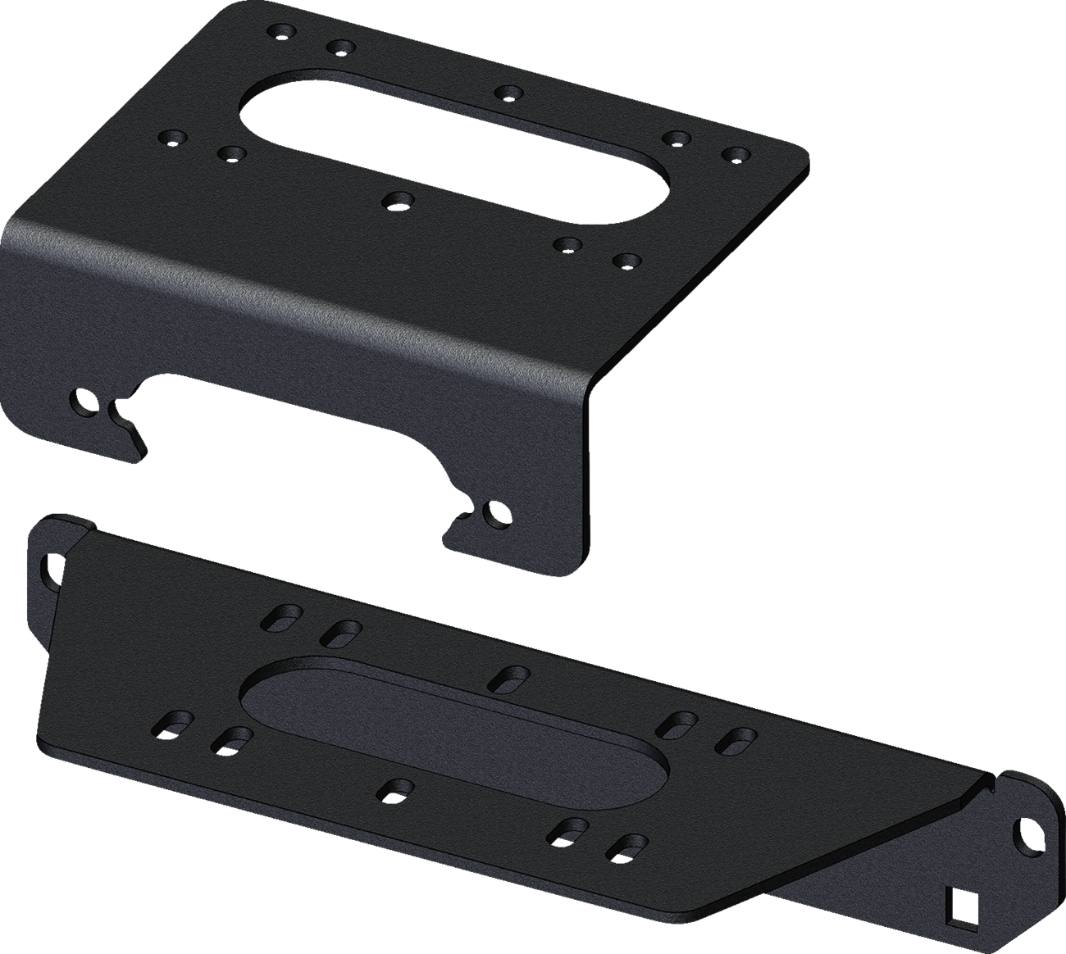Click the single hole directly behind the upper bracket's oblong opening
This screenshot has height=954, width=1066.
click(x=510, y=92)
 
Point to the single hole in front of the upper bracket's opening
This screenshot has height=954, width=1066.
click(x=400, y=199)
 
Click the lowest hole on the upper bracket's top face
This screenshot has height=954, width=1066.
click(x=627, y=261)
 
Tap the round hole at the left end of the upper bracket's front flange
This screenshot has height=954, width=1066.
click(x=83, y=401)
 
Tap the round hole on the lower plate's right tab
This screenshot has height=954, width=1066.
click(x=1023, y=828)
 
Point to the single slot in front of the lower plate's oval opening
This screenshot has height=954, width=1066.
click(x=396, y=789)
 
